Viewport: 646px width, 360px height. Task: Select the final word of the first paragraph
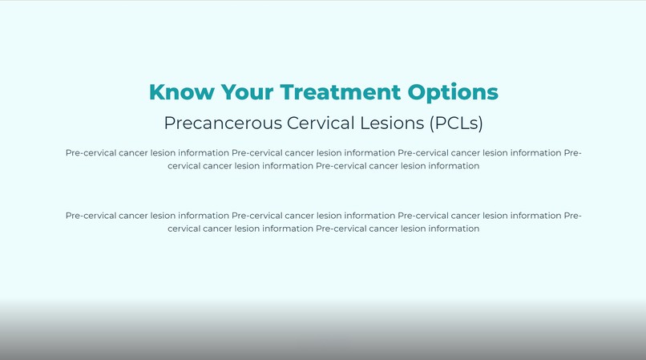tap(451, 166)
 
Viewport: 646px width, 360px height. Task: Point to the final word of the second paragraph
tap(451, 229)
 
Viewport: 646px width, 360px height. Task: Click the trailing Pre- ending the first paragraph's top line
tap(572, 152)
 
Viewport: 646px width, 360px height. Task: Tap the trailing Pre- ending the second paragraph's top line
tap(572, 215)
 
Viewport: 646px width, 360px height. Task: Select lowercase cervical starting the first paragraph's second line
tap(184, 166)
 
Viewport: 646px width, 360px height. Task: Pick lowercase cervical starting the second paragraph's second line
tap(184, 229)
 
